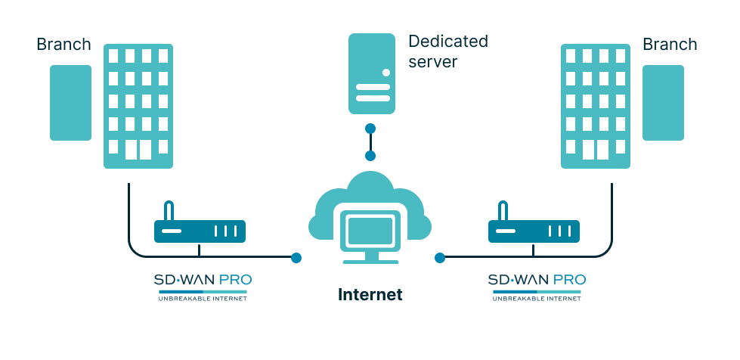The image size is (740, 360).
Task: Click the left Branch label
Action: [x=63, y=45]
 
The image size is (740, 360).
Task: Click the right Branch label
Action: [x=670, y=45]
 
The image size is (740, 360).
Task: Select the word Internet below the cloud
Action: [x=370, y=295]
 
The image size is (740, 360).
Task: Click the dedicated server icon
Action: [x=372, y=73]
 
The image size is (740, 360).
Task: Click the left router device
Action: [x=200, y=231]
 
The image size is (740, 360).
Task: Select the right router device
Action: [x=534, y=231]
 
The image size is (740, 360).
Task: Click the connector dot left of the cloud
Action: [x=296, y=258]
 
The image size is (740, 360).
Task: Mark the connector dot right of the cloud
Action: [x=440, y=258]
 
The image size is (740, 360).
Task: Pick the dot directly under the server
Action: [x=370, y=129]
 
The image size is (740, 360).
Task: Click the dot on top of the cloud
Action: [x=370, y=157]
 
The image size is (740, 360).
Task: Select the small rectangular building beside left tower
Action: [x=70, y=103]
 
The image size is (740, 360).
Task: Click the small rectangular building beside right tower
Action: [x=663, y=103]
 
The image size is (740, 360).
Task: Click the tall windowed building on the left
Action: [x=138, y=106]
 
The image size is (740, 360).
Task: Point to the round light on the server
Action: [x=386, y=73]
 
